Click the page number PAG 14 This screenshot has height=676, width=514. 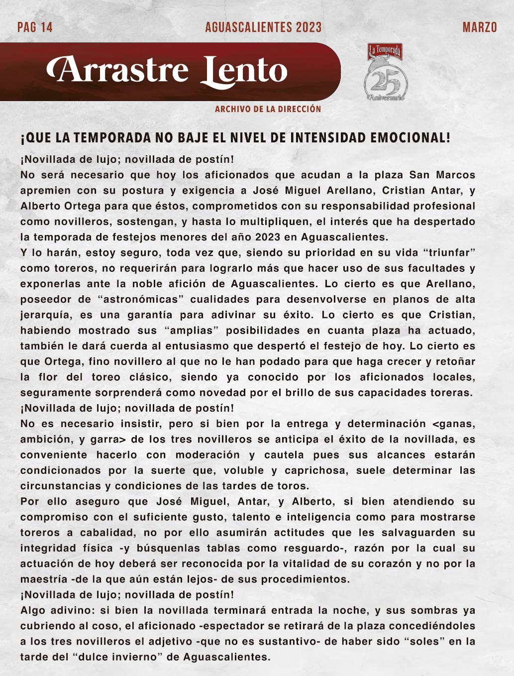(x=35, y=27)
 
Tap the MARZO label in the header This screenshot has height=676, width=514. (x=480, y=27)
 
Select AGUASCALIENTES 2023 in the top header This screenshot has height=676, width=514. (x=263, y=27)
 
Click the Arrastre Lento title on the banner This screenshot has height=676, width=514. (x=167, y=71)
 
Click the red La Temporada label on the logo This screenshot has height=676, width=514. (x=385, y=50)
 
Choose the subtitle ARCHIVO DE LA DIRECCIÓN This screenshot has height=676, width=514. (x=268, y=109)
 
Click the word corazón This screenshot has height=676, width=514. (x=362, y=563)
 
